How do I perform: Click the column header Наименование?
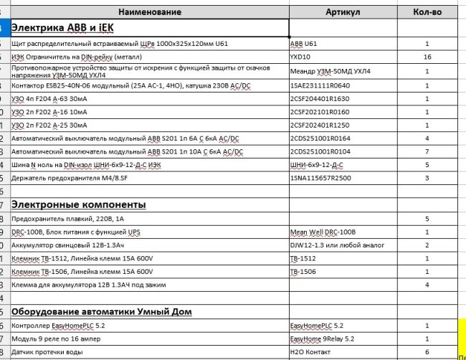point(150,12)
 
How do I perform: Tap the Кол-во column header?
point(427,12)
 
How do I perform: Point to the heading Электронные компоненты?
point(79,204)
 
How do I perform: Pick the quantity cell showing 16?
point(427,56)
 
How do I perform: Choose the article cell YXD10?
point(300,56)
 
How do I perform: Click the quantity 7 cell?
point(427,151)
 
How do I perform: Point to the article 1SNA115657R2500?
point(320,177)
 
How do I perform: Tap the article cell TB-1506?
point(303,272)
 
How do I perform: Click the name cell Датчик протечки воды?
point(47,352)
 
